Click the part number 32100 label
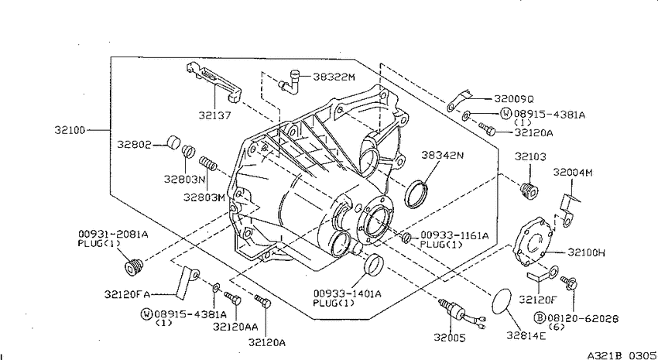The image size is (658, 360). (x=70, y=130)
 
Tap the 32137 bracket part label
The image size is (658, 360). (x=215, y=115)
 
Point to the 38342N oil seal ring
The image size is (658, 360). (x=416, y=194)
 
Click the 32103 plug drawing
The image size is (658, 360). (x=529, y=190)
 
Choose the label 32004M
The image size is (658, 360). (x=573, y=172)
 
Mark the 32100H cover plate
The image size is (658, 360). (x=533, y=242)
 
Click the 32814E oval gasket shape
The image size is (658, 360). (x=501, y=301)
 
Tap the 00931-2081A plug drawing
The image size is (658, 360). (x=134, y=267)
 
